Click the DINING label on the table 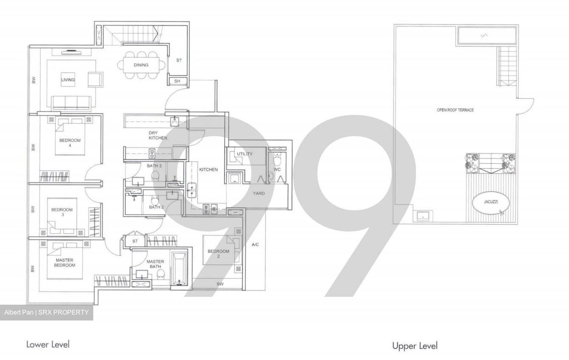point(141,65)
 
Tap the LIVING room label point(68,80)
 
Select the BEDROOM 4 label point(70,143)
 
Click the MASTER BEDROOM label point(64,263)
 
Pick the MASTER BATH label point(155,264)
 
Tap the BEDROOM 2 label point(219,254)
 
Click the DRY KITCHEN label point(158,136)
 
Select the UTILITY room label point(244,154)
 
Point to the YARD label point(259,193)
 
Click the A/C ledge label point(255,245)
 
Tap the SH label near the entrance point(177,81)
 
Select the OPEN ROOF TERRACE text point(455,110)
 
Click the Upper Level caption point(415,346)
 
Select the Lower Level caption point(48,344)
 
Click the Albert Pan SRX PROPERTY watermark point(47,313)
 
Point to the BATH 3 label point(154,166)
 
